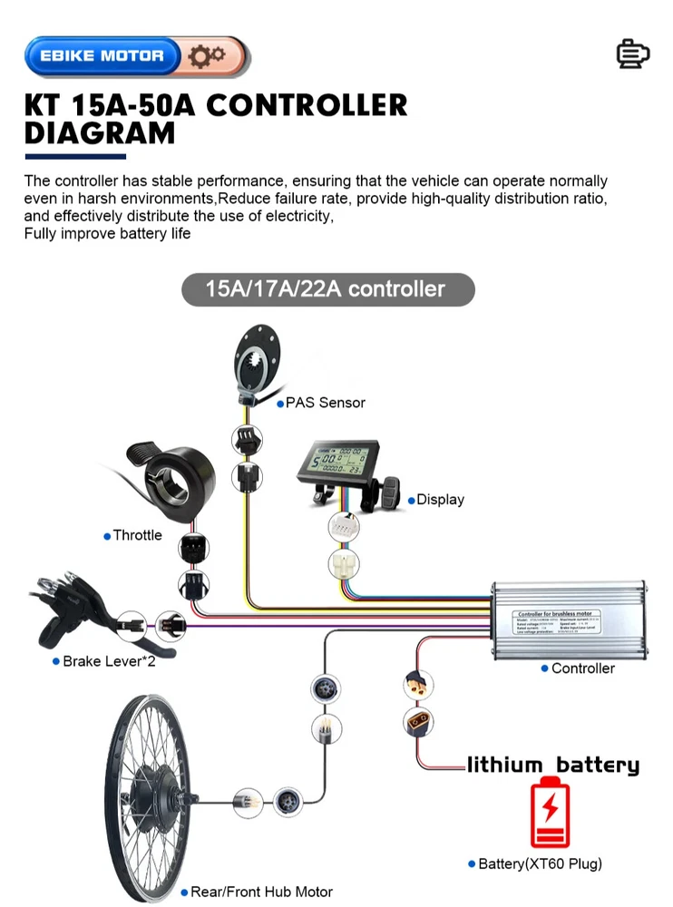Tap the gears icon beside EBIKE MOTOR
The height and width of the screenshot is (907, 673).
207,56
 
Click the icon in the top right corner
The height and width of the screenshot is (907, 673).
632,54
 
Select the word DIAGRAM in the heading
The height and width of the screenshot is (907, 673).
100,133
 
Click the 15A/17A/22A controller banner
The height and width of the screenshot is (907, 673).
327,289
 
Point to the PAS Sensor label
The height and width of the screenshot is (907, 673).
325,402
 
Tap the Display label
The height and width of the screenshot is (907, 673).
440,500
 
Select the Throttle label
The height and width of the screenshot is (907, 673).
137,535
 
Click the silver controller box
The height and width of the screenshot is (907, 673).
568,620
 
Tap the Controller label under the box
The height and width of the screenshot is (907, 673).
582,668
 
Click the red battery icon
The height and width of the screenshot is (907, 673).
551,811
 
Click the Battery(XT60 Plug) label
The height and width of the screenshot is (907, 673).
540,863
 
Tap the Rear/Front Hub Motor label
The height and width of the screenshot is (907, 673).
260,892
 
